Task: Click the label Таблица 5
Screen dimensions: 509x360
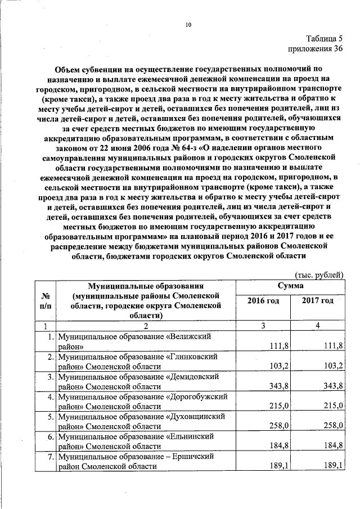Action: point(325,39)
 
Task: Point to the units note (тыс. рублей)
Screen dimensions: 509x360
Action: point(319,275)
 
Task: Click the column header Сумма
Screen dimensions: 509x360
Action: point(291,287)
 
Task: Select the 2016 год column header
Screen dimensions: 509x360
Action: point(263,301)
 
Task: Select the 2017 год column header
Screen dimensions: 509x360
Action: point(317,301)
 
